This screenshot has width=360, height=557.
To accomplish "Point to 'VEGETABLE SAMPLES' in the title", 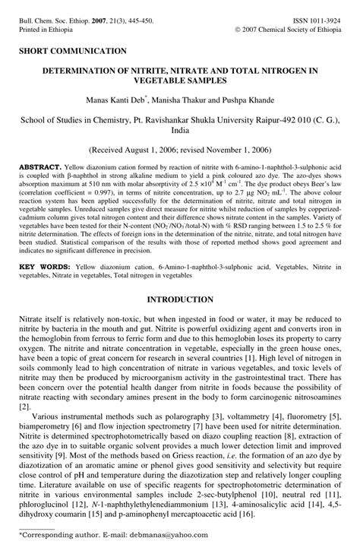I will [180, 81].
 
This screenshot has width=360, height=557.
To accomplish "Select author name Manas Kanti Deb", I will [124, 102].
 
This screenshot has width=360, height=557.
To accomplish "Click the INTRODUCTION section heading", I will [180, 300].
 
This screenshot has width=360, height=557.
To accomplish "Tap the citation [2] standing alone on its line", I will [24, 407].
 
